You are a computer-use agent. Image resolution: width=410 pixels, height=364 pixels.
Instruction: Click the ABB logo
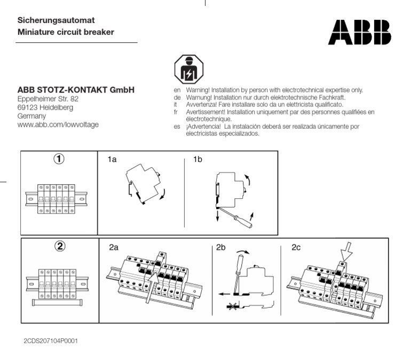tap(359, 32)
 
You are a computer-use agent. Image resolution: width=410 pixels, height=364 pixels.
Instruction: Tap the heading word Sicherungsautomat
tap(56, 20)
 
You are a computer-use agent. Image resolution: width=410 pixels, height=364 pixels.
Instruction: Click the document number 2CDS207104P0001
tap(51, 340)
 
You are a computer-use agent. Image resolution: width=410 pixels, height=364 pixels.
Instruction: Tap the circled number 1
tap(60, 159)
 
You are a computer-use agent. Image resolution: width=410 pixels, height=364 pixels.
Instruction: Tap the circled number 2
tap(60, 246)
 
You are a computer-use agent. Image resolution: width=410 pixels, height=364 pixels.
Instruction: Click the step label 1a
tap(112, 160)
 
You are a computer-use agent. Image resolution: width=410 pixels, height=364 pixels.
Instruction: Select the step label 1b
tap(198, 160)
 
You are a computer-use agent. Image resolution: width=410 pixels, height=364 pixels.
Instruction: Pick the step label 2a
tap(113, 247)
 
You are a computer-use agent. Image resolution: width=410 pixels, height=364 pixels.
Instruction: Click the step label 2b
tap(222, 247)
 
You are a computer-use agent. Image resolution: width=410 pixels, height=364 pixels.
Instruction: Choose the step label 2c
tap(296, 247)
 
